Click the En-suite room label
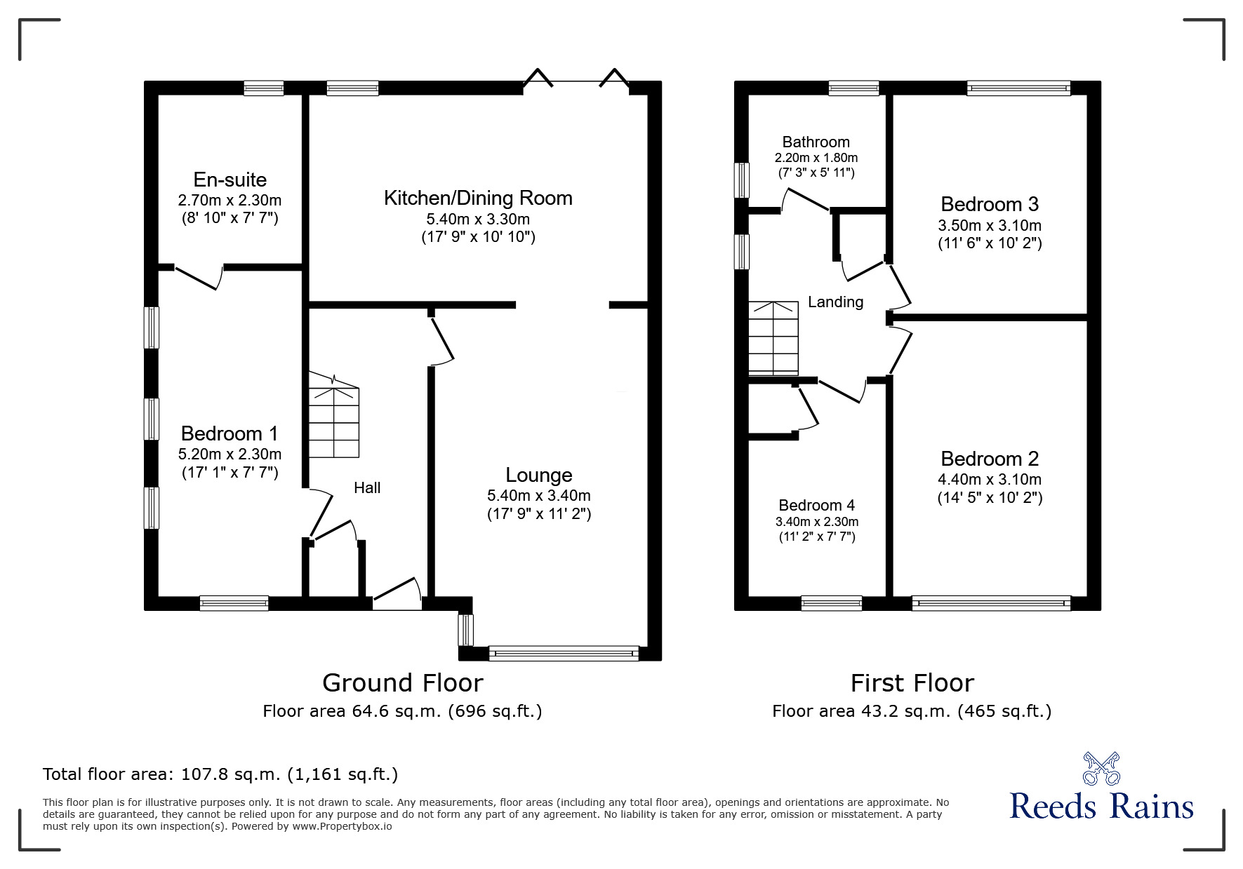[230, 180]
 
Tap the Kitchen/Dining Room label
[478, 198]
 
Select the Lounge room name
[539, 476]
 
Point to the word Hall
[367, 487]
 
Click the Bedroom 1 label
[230, 433]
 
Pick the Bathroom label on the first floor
[816, 142]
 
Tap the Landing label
[835, 302]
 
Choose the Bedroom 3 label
[990, 204]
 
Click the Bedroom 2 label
[990, 459]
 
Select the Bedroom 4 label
[816, 506]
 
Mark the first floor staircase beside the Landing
[773, 338]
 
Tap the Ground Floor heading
[403, 682]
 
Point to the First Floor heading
[912, 682]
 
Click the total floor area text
[220, 774]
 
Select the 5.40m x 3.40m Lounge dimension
[539, 496]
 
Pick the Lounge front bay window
[564, 654]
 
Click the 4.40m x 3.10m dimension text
[990, 480]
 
